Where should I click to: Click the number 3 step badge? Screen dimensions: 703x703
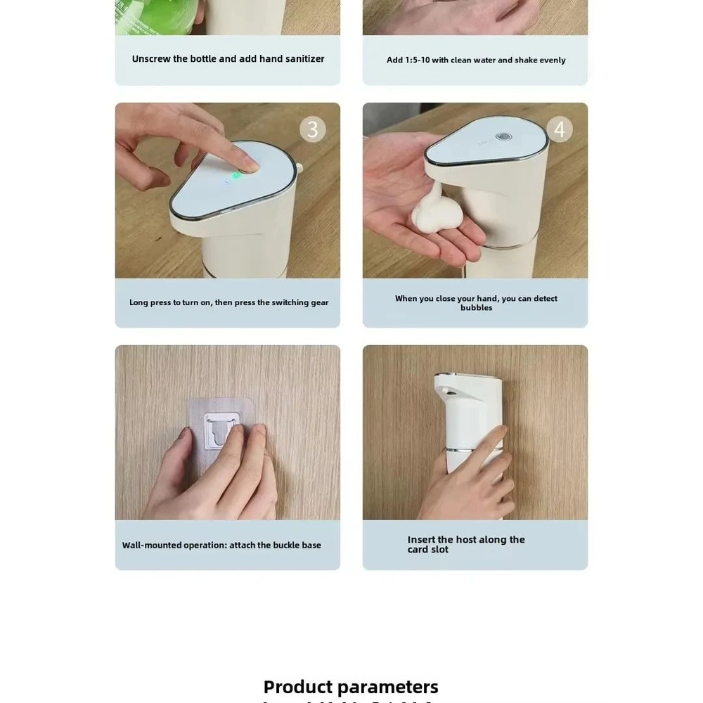[x=313, y=129]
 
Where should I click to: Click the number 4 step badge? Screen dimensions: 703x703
[x=560, y=129]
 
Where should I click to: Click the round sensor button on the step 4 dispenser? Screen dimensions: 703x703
[x=502, y=137]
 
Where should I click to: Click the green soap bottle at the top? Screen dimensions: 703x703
[x=159, y=15]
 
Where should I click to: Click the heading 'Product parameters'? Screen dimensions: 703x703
[x=351, y=687]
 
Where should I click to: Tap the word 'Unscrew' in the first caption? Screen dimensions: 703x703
[x=151, y=59]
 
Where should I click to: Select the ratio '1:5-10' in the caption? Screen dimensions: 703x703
[x=418, y=60]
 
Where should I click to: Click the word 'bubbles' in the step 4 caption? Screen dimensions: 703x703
[x=476, y=308]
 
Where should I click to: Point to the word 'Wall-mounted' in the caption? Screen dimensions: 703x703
[x=151, y=546]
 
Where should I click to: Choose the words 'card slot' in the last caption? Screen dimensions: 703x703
[x=427, y=550]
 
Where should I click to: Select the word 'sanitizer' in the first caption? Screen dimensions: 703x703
[x=304, y=59]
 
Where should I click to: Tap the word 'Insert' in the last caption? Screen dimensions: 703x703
[x=421, y=540]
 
